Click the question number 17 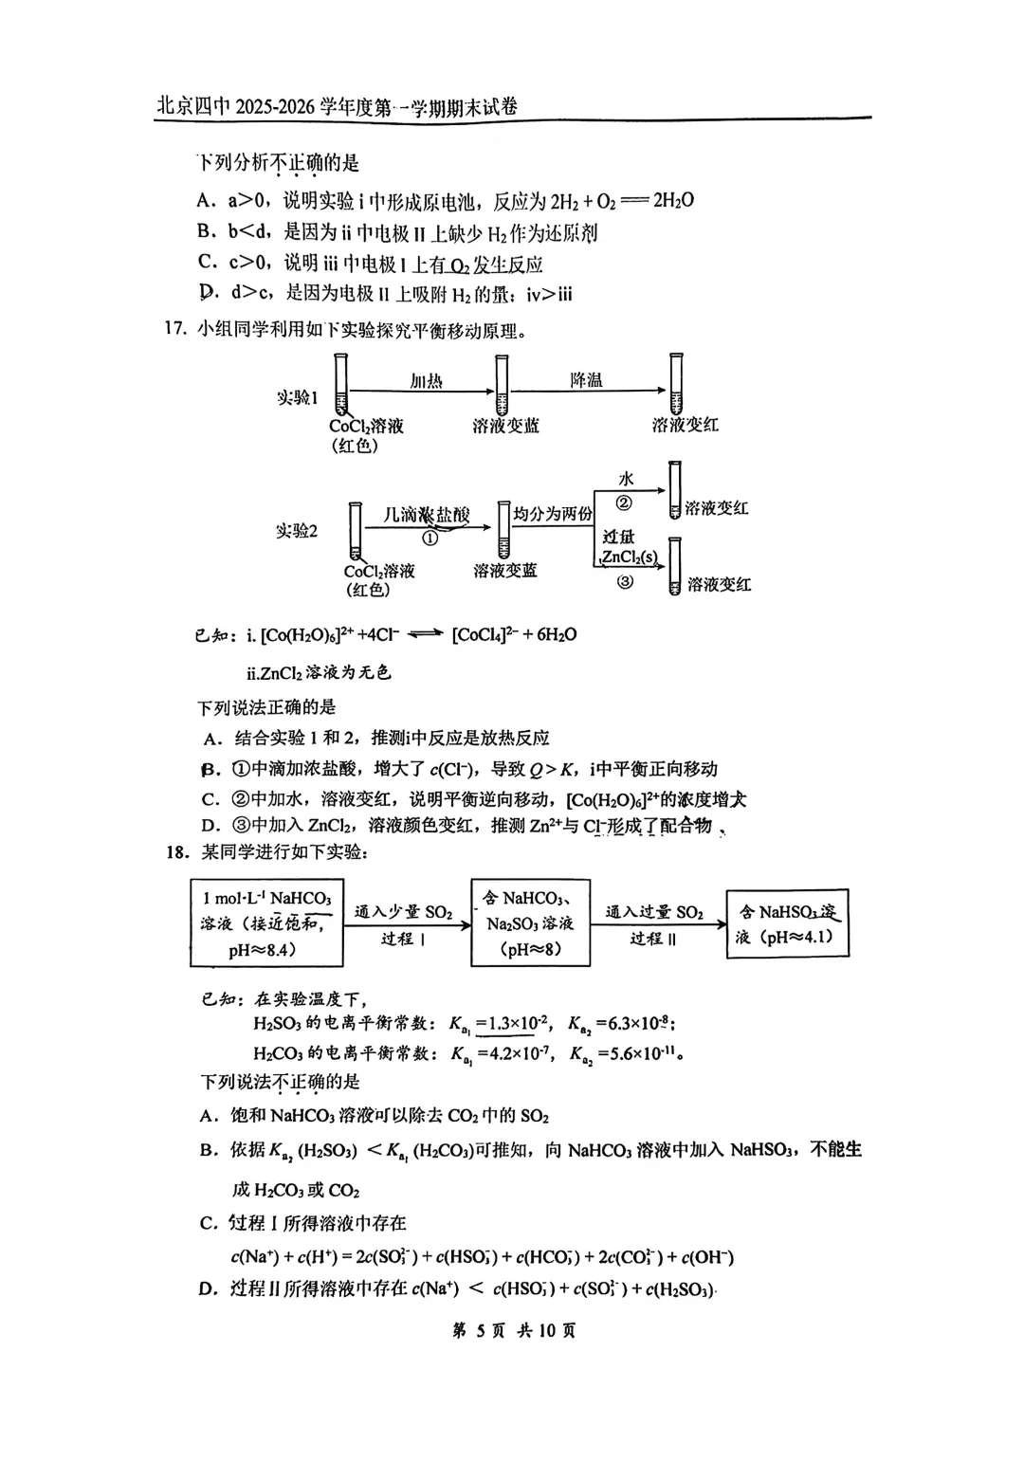click(174, 330)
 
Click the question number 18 click(177, 851)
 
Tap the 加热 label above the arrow click(426, 380)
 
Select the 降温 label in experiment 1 click(586, 379)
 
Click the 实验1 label click(297, 397)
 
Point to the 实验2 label click(297, 531)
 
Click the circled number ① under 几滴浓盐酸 click(430, 538)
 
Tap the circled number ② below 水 click(624, 503)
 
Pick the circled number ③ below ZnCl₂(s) click(625, 581)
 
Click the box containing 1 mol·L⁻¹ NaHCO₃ click(266, 923)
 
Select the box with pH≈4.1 click(787, 924)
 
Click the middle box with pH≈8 click(530, 923)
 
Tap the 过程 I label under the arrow click(403, 939)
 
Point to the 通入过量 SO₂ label click(654, 912)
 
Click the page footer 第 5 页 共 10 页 click(513, 1330)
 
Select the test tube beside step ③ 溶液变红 click(674, 566)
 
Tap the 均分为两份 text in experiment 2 click(553, 514)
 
